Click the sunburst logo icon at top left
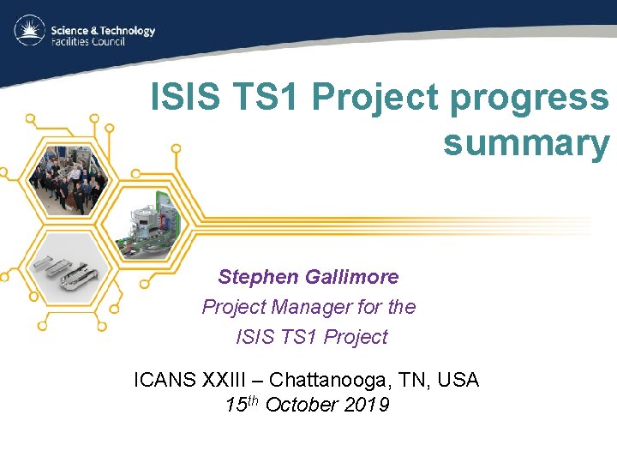30,32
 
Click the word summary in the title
525,143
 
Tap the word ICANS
167,379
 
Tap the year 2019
364,405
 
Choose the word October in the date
299,405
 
